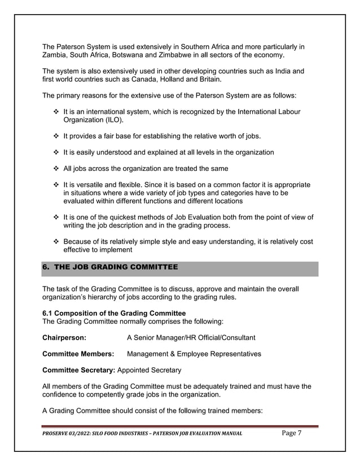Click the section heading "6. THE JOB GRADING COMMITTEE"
110,267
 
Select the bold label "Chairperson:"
64,337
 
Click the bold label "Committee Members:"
78,354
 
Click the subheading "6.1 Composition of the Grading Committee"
114,313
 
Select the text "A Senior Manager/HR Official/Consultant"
191,337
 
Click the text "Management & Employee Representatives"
194,354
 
